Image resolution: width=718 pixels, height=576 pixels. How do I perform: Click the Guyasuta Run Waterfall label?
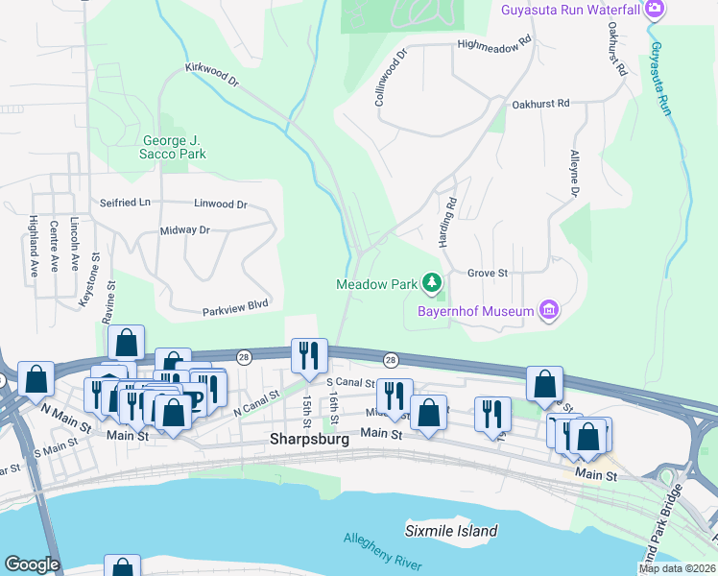(571, 10)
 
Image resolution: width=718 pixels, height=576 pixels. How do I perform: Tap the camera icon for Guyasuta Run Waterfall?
(656, 10)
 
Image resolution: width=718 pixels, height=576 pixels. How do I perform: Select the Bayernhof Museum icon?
(549, 310)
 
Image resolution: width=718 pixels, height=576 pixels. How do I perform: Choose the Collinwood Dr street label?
(392, 78)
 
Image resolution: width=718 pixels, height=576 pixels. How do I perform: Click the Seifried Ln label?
(126, 204)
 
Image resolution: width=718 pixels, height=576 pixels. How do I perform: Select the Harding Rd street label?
(447, 223)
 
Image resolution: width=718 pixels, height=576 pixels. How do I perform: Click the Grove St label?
(487, 274)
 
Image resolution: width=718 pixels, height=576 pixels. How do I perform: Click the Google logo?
(32, 564)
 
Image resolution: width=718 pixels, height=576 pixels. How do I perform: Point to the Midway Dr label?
(184, 230)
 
